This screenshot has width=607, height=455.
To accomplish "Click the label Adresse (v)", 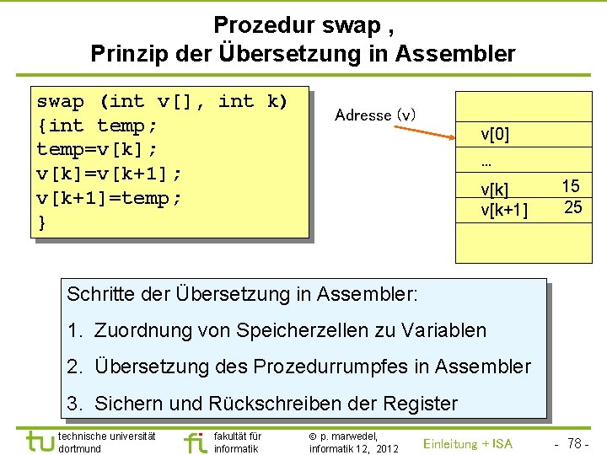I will pyautogui.click(x=375, y=115).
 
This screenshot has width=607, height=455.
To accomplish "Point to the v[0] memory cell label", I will pyautogui.click(x=495, y=134).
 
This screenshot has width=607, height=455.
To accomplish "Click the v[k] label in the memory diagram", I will pyautogui.click(x=495, y=190).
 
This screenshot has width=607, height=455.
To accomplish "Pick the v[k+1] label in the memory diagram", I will pyautogui.click(x=504, y=209).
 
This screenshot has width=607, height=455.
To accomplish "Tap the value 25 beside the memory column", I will pyautogui.click(x=572, y=207).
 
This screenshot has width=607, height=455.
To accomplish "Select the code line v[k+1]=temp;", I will pyautogui.click(x=110, y=199).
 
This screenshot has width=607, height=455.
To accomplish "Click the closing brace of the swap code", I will pyautogui.click(x=42, y=223).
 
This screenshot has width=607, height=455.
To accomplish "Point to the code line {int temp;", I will pyautogui.click(x=98, y=126).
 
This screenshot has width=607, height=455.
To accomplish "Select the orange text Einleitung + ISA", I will pyautogui.click(x=468, y=443).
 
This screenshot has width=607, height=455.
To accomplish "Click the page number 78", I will pyautogui.click(x=577, y=443).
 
